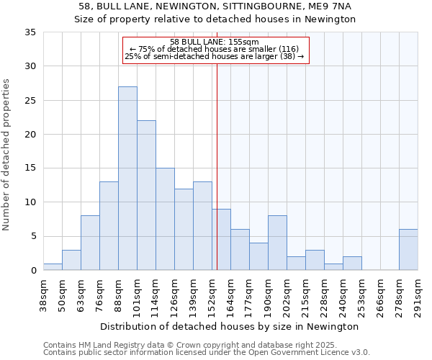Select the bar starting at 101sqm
(x=146, y=195)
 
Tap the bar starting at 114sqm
(x=165, y=219)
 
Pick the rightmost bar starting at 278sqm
(x=408, y=250)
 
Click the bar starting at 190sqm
(x=277, y=243)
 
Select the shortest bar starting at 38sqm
(x=53, y=267)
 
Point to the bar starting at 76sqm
(x=109, y=226)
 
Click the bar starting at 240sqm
(x=352, y=264)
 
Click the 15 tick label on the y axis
(x=30, y=168)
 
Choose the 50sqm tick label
(x=63, y=294)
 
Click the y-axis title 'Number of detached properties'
(x=7, y=155)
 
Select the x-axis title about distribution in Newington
(x=230, y=326)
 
